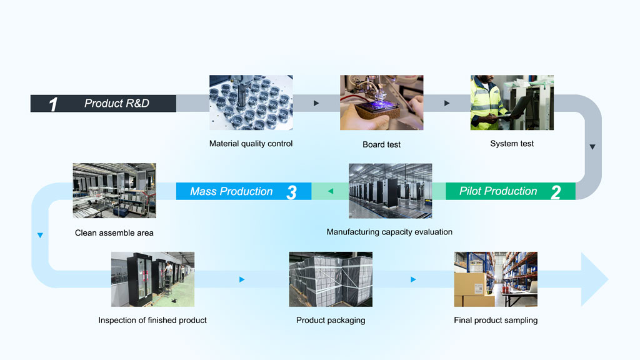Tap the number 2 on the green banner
[555, 192]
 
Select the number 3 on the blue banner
[291, 192]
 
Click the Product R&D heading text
[117, 103]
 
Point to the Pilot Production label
[498, 191]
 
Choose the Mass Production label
[231, 191]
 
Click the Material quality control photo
[251, 102]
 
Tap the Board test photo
[382, 102]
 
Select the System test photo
[512, 102]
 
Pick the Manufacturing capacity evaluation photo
[390, 191]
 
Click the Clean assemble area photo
[114, 191]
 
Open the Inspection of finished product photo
[152, 279]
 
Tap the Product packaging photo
[331, 279]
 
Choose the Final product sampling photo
[496, 279]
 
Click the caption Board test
[382, 144]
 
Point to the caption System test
[512, 144]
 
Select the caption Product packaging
[331, 320]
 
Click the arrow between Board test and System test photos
[447, 103]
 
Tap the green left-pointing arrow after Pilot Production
[330, 191]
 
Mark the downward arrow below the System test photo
[592, 147]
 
